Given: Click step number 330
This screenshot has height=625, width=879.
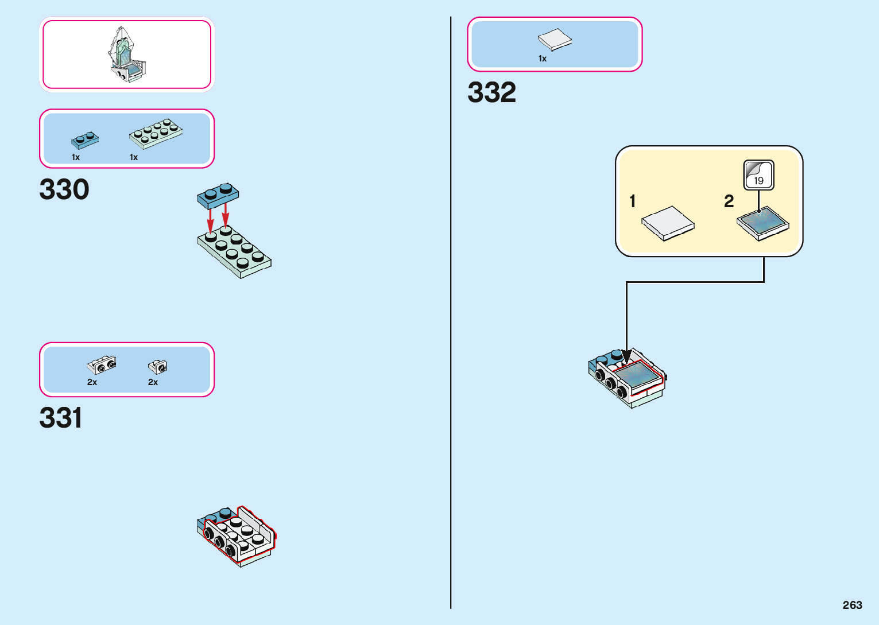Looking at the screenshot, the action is tap(64, 189).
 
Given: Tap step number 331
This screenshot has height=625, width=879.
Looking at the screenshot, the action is tap(61, 418).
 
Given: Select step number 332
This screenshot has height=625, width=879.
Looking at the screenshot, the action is tap(491, 92).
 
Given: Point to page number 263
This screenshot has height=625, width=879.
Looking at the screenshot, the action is tap(852, 605).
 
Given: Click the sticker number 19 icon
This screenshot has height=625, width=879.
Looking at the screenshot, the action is tap(758, 175).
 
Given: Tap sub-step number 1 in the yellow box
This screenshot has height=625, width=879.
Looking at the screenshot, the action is tap(632, 201).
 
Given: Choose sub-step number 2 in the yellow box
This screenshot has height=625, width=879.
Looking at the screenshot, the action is tap(729, 201).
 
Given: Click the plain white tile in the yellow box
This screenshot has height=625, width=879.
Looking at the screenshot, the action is tap(668, 223).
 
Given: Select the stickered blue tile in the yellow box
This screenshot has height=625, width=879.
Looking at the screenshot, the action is tap(762, 223).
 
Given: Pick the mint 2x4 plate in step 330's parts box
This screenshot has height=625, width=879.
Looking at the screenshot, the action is tap(156, 133).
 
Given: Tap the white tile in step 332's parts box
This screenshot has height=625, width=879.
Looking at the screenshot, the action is tap(555, 40).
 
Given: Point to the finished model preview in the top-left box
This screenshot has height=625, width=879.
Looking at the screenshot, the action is tap(126, 55).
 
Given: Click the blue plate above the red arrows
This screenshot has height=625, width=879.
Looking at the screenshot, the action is tap(218, 195).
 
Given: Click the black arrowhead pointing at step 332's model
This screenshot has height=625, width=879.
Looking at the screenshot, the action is tap(627, 356).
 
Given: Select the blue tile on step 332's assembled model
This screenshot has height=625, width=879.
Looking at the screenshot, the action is tap(636, 375).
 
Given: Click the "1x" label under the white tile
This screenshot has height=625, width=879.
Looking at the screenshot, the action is tap(543, 59).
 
